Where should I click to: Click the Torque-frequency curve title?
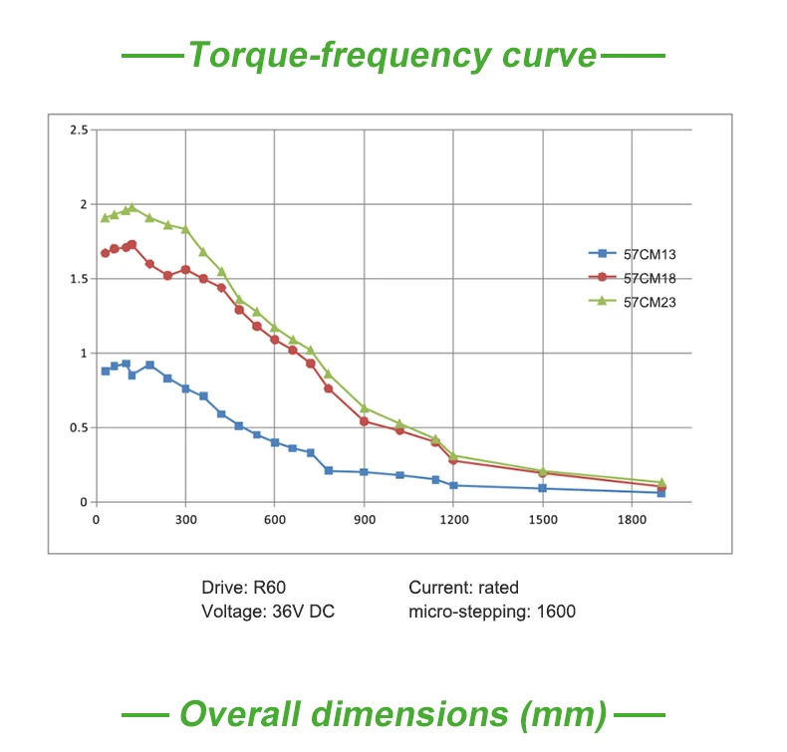tap(393, 54)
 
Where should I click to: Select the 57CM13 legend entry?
tap(649, 254)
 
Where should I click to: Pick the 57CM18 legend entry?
tap(649, 279)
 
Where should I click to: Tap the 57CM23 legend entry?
tap(649, 303)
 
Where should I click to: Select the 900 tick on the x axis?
tap(364, 520)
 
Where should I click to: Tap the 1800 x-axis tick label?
tap(632, 520)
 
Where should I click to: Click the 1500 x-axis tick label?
tap(542, 520)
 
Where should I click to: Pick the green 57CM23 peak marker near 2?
tap(131, 207)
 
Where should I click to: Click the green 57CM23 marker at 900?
tap(364, 408)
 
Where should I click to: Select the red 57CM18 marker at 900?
tap(364, 421)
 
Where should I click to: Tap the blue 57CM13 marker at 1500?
tap(542, 488)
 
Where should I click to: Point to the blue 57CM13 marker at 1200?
tap(453, 485)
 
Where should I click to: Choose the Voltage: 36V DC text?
tap(268, 612)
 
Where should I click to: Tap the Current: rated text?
tap(463, 588)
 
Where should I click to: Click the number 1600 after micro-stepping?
tap(555, 612)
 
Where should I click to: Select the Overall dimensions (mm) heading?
tap(393, 714)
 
